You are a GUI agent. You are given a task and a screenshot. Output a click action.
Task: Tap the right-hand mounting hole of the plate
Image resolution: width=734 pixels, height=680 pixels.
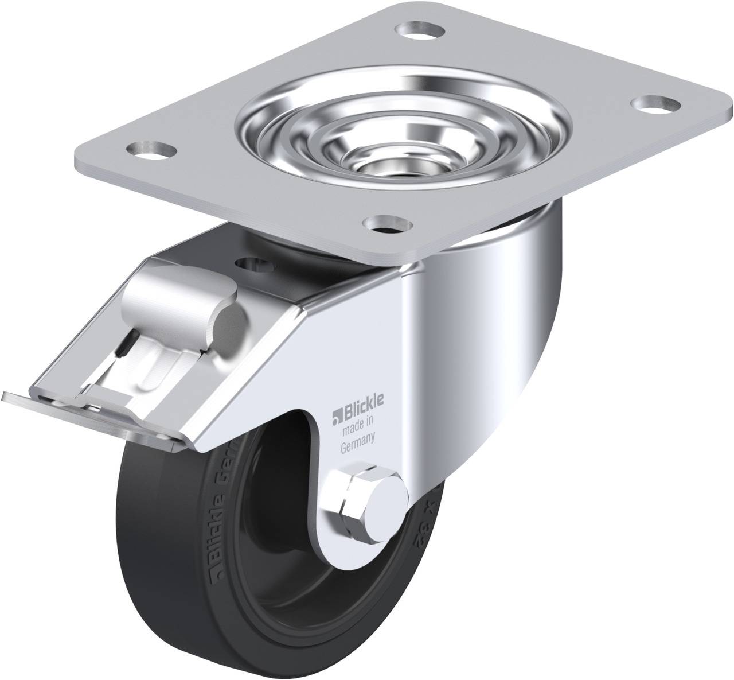tap(652, 104)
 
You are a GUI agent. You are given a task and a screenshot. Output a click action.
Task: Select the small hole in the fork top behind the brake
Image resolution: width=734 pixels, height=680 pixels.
tap(255, 265)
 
